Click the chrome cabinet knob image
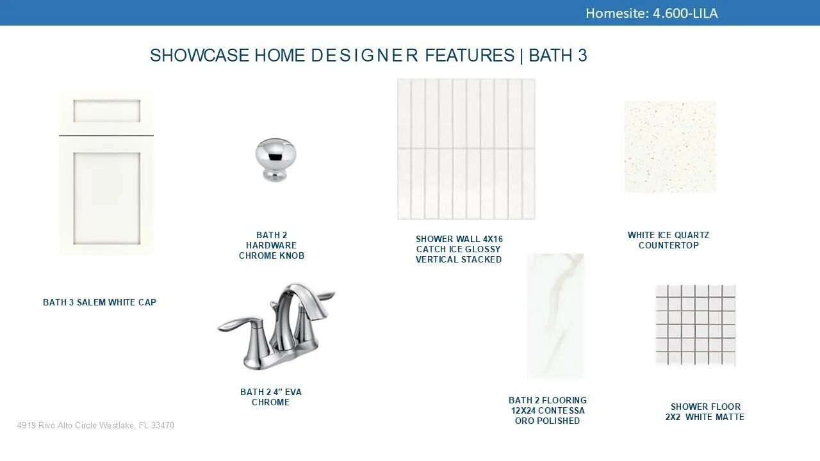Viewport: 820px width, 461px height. (275, 160)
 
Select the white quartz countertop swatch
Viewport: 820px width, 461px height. (670, 147)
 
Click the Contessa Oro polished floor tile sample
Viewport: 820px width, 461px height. (555, 316)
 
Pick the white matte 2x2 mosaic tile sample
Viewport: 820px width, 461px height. (695, 325)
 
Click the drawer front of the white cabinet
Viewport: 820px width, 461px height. (106, 111)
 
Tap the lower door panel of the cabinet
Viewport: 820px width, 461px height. (106, 198)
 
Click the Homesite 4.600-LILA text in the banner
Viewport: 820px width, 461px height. (652, 13)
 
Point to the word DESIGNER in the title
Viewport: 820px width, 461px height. (365, 56)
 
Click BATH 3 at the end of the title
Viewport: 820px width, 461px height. (558, 56)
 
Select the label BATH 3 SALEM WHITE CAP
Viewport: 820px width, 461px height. (99, 302)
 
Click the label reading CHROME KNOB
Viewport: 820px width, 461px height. (272, 255)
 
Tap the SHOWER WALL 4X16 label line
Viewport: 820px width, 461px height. (459, 239)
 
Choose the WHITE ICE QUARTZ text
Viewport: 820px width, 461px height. (668, 235)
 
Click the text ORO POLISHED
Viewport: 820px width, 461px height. (547, 421)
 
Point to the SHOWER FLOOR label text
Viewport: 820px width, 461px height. (705, 407)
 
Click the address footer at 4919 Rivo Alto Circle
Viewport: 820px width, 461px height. (95, 425)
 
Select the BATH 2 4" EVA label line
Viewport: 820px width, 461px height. (271, 392)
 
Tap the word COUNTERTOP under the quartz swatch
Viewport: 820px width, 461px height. (668, 245)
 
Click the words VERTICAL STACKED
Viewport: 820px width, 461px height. (459, 259)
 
